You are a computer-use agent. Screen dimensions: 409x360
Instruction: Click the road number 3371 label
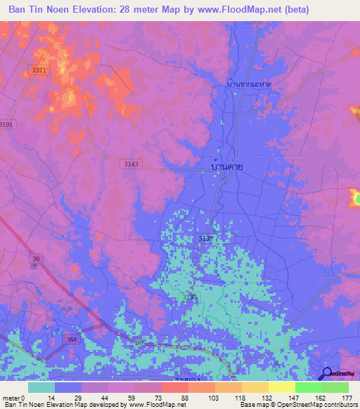[x=39, y=70]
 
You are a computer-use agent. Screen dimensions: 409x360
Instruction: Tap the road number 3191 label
[x=6, y=124]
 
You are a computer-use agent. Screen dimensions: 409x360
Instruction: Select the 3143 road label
[x=131, y=164]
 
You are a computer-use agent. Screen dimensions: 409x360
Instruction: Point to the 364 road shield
[x=72, y=339]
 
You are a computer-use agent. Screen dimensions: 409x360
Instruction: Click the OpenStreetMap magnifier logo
[x=328, y=373]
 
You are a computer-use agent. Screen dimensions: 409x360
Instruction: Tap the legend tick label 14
[x=54, y=397]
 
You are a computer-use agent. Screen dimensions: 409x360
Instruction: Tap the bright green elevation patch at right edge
[x=355, y=198]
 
